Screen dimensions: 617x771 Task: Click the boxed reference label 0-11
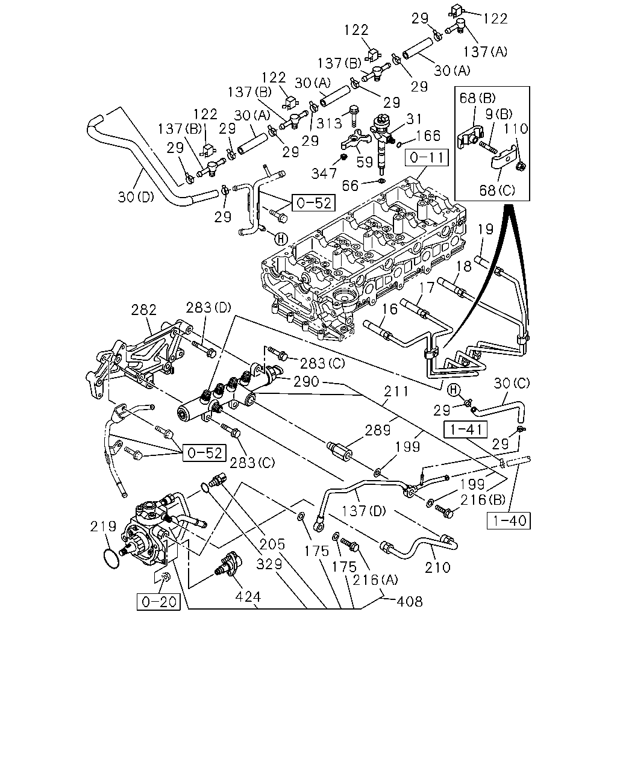pos(427,158)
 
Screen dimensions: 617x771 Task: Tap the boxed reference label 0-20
pos(158,602)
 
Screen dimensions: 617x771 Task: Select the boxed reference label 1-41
pos(466,429)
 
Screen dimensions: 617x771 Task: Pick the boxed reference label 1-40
pos(509,520)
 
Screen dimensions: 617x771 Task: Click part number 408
pos(409,601)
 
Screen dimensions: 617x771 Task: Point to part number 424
pos(248,597)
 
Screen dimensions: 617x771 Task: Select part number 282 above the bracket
pos(144,310)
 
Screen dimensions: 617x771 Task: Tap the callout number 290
pos(306,381)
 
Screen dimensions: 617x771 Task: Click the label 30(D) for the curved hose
pos(136,197)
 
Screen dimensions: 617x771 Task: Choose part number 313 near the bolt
pos(329,123)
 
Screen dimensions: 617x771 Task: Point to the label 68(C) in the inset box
pos(497,190)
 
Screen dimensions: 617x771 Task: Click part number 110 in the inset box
pos(516,129)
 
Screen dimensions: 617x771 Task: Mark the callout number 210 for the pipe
pos(437,567)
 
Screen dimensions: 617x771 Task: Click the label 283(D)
pos(208,307)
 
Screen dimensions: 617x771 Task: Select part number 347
pos(324,173)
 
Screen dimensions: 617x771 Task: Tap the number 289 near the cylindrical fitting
pos(378,430)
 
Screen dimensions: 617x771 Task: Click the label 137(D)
pos(363,511)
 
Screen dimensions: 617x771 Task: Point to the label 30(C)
pos(512,384)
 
